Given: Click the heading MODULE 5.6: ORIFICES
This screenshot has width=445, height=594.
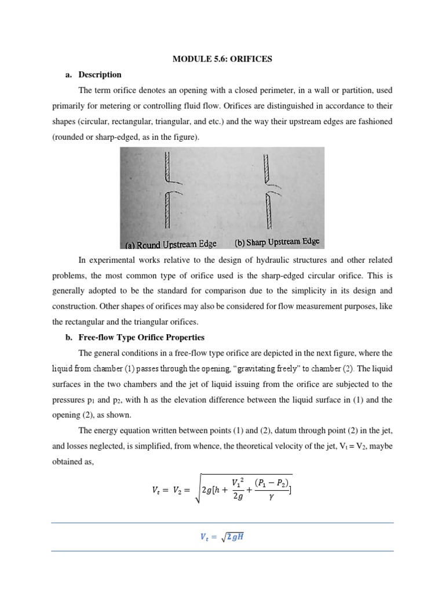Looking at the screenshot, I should (x=222, y=59).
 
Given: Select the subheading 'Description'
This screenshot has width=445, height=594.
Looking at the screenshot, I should (x=100, y=75).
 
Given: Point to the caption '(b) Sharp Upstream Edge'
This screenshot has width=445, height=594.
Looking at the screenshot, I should (x=276, y=242).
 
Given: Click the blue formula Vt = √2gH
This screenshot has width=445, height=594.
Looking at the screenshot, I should (x=222, y=537).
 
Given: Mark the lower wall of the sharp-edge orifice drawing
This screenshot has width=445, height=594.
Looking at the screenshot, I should (x=268, y=212).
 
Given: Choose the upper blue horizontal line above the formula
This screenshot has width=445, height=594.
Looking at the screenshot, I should (x=222, y=523).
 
